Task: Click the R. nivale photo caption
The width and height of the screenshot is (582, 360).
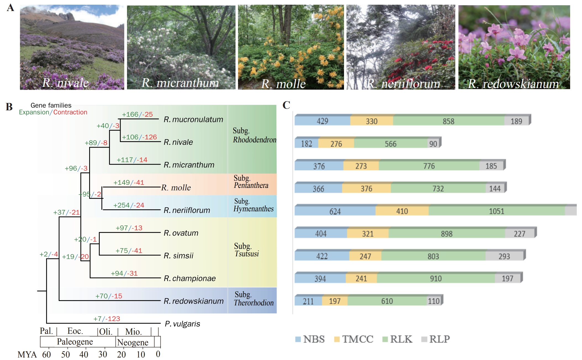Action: click(x=65, y=83)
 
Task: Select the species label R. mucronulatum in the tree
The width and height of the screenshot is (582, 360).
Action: click(x=193, y=119)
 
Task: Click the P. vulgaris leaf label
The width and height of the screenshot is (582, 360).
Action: click(x=182, y=324)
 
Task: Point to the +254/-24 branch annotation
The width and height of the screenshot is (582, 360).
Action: click(x=129, y=205)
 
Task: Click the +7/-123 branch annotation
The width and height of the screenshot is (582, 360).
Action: click(x=107, y=319)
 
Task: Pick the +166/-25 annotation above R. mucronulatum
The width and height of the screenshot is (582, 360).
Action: click(x=137, y=114)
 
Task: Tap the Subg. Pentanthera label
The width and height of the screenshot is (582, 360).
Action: click(x=251, y=182)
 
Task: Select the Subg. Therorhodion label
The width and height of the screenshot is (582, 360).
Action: click(x=253, y=299)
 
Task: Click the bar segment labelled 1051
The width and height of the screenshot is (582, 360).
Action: click(x=496, y=211)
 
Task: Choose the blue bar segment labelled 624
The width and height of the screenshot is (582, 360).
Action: click(x=335, y=212)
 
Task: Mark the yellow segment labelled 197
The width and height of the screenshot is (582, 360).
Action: click(x=335, y=301)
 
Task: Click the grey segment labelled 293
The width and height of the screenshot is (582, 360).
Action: click(x=504, y=256)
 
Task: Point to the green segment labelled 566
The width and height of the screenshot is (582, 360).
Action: click(x=390, y=144)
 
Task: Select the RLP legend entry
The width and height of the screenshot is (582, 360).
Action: click(x=436, y=339)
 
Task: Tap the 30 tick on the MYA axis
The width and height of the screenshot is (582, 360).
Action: click(x=103, y=354)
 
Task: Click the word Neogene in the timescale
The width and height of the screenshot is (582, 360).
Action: click(x=133, y=342)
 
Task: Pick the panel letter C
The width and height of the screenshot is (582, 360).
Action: click(x=286, y=105)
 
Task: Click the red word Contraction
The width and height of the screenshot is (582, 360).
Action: click(x=70, y=112)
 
